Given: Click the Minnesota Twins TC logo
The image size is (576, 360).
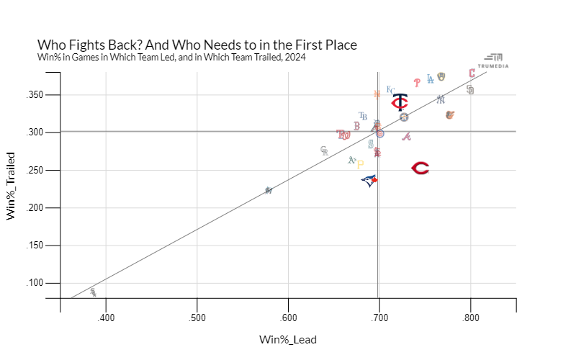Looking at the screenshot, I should point(400,102).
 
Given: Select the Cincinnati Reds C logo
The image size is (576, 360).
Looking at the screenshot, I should point(420,168).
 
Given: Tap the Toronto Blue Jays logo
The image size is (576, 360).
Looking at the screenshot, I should point(369,180).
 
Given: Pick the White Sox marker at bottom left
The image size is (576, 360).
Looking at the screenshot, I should point(93,292).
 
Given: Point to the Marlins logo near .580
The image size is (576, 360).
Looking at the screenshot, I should point(269,191).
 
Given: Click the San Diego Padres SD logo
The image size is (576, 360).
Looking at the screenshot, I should point(470,90).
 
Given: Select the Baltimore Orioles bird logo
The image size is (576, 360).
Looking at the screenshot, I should point(450,115).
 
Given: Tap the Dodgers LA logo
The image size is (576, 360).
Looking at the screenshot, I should point(431,80).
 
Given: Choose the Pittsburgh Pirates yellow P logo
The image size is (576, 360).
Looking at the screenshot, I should point(361,164).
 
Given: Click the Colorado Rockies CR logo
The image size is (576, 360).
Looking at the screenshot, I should point(324,150).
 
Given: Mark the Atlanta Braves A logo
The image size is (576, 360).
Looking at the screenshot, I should point(406,137).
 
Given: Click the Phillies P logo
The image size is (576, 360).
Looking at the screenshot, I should point(417,83).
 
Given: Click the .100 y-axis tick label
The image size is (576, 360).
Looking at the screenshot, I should point(46,283).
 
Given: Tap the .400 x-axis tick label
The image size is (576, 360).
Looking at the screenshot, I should point(106,318).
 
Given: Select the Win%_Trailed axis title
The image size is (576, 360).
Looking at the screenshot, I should point(12,186).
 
